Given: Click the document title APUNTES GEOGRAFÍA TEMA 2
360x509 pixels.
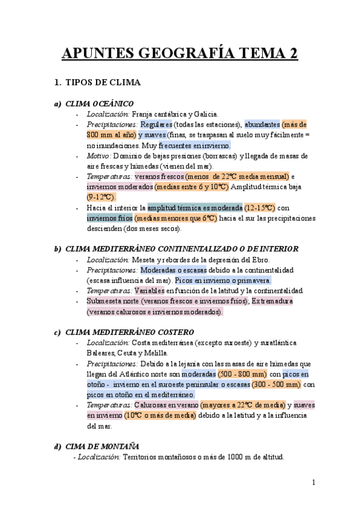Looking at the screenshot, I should click(x=180, y=54).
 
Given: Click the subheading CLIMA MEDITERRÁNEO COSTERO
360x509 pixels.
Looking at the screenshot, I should click(x=129, y=332).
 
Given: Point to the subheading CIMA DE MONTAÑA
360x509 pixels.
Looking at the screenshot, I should click(x=102, y=446).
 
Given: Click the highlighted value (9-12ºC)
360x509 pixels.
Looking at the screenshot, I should click(x=101, y=197).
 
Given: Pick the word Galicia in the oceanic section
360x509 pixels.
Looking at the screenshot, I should click(x=205, y=114).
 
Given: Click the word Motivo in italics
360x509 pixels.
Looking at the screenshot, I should click(x=100, y=156).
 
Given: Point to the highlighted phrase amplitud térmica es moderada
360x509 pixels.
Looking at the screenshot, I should click(x=196, y=208).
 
